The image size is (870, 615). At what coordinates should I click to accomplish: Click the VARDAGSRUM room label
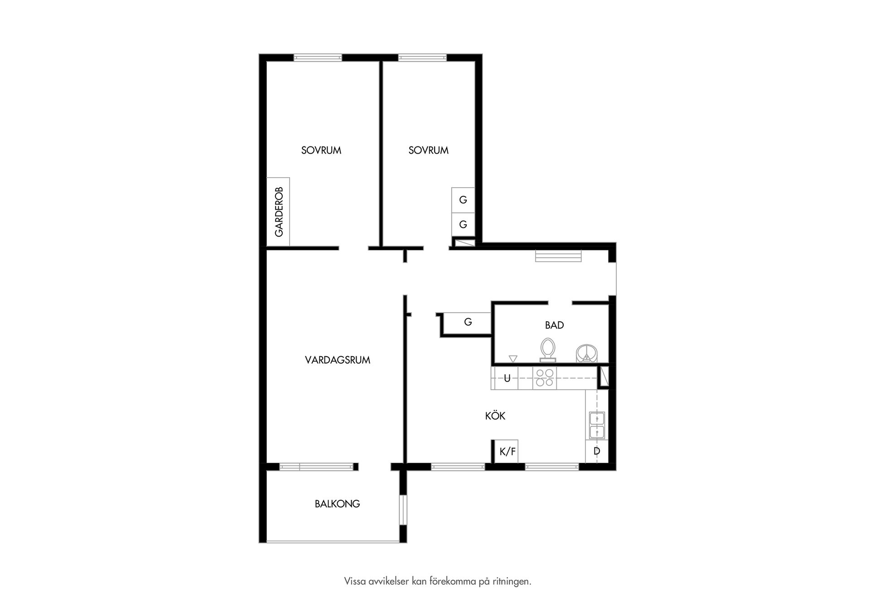338,360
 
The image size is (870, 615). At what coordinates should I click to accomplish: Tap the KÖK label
495,416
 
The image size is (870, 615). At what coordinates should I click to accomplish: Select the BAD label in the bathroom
554,325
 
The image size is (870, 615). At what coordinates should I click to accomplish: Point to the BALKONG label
337,504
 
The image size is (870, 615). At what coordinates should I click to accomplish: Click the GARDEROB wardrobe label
279,212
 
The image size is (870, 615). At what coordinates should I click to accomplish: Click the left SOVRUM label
321,150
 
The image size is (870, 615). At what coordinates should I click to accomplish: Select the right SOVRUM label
428,150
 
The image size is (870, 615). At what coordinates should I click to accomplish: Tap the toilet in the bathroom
548,350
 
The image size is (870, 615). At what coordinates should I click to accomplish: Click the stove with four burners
545,378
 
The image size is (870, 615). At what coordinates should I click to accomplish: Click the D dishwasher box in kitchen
597,451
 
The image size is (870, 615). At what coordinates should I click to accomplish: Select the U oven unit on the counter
507,378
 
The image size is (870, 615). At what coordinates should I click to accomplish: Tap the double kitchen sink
597,426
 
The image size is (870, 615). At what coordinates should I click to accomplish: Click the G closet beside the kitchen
468,323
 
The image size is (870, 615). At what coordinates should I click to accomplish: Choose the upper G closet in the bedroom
463,200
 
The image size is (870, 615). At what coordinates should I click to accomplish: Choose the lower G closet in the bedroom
463,224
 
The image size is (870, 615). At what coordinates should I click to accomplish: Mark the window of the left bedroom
318,58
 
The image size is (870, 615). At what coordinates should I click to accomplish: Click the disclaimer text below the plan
437,581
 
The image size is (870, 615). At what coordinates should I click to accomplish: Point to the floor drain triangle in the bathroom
513,359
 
